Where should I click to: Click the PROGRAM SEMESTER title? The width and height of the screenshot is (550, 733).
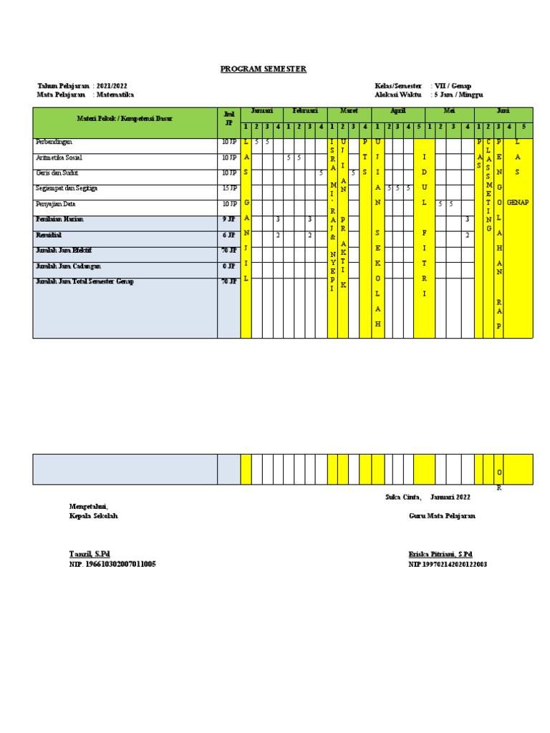pos(263,69)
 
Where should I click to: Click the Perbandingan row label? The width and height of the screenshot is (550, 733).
pos(54,142)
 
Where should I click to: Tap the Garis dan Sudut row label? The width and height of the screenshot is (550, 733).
pos(57,173)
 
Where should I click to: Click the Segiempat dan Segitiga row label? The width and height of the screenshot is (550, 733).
pos(67,188)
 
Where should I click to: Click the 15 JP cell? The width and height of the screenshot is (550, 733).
pos(228,188)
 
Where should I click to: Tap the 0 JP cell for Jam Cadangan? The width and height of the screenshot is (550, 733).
pos(228,266)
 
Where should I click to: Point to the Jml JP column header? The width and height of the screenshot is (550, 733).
pos(228,118)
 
